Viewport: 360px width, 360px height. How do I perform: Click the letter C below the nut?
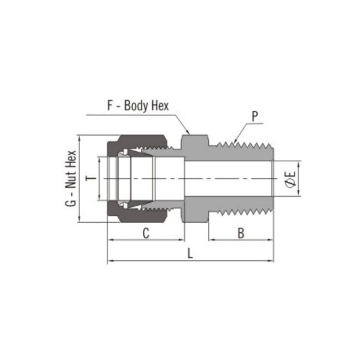click(145, 233)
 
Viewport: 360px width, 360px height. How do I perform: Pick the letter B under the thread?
click(241, 233)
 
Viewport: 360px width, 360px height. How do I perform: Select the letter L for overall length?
click(190, 254)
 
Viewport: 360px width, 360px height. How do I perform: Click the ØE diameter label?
click(290, 179)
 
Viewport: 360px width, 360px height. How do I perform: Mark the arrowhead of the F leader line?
click(190, 131)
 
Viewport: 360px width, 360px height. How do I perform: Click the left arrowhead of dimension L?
click(110, 262)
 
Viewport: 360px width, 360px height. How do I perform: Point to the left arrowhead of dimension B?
click(211, 241)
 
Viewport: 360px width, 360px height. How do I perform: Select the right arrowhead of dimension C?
click(181, 241)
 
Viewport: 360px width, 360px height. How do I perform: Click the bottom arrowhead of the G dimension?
click(80, 220)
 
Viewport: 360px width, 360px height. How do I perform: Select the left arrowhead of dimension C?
click(110, 241)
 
